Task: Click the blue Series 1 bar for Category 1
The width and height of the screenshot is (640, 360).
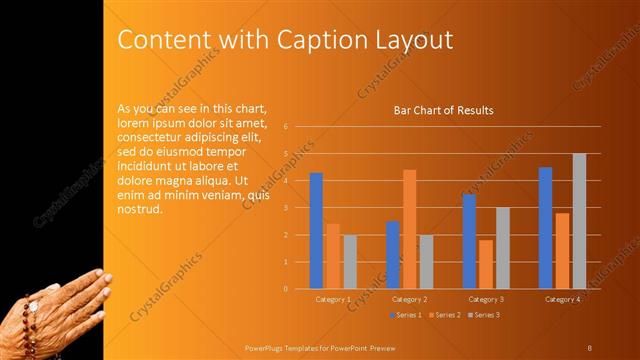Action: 316,231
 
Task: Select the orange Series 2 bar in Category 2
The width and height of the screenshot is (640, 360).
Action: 409,229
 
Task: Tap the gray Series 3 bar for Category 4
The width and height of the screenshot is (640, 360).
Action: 579,221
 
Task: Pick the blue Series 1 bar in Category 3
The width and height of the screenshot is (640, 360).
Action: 469,241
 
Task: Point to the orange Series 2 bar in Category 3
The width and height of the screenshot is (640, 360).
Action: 486,264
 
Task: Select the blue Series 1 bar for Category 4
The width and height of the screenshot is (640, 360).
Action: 545,228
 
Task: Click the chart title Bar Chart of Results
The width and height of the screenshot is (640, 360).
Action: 443,110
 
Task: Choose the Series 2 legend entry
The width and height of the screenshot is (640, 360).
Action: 446,315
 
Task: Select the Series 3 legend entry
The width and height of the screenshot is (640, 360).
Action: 483,315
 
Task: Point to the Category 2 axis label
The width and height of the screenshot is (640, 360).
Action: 409,299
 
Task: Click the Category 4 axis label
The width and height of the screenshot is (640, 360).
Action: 562,299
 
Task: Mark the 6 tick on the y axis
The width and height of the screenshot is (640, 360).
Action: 286,127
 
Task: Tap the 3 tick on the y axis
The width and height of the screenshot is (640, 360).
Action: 286,208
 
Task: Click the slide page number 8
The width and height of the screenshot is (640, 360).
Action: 589,347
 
